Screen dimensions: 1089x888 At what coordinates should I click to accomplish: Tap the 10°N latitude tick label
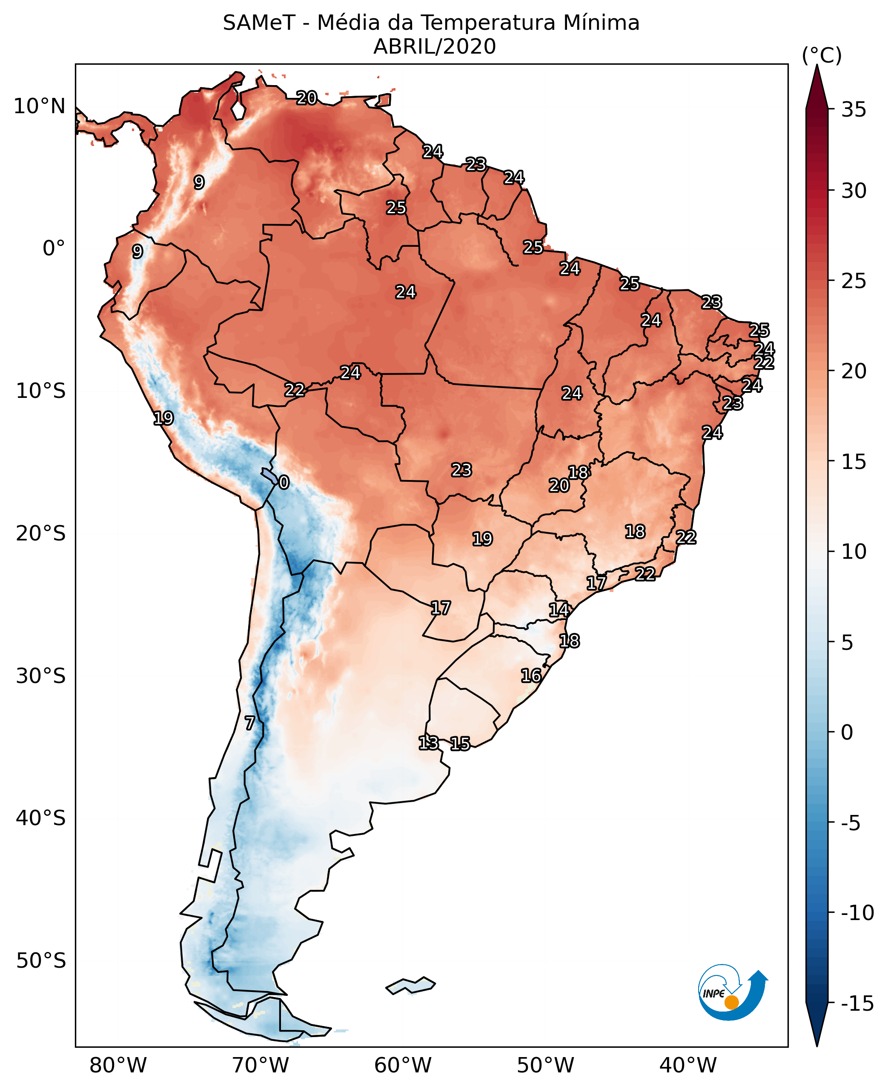click(40, 106)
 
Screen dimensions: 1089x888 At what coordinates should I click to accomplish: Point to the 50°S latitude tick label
click(41, 960)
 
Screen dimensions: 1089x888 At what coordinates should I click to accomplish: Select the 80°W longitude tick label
click(118, 1066)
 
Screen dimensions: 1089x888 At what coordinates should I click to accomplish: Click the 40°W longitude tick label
click(688, 1066)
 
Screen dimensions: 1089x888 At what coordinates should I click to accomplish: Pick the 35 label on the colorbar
click(854, 109)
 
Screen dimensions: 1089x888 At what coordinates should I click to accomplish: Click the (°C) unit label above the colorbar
click(822, 55)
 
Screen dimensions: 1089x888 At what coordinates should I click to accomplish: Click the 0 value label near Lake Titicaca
click(284, 482)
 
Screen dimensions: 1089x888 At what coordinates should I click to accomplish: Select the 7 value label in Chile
click(249, 723)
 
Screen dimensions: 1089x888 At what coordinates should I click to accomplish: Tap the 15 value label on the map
click(460, 744)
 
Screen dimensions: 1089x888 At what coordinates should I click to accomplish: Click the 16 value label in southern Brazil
click(531, 676)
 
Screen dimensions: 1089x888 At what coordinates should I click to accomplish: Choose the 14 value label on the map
click(559, 609)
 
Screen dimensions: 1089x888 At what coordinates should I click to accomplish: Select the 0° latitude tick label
click(54, 249)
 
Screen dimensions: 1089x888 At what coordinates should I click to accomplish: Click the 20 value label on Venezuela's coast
click(307, 97)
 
